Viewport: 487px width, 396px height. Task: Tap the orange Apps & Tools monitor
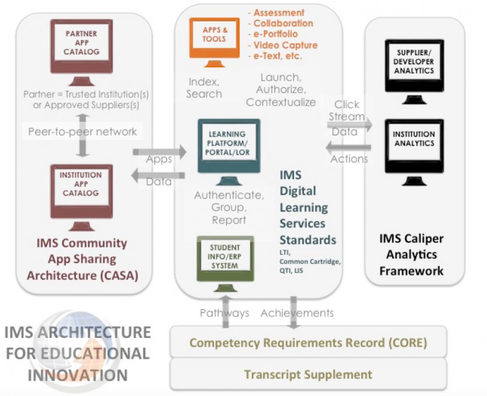coord(215,39)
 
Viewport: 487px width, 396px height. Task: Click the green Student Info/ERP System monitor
coord(225,258)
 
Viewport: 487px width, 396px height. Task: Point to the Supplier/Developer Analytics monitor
coord(414,65)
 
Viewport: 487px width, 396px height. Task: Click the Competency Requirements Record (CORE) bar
coord(308,343)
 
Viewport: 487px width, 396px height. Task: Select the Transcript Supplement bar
coord(308,374)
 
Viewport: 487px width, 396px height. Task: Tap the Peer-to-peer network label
coord(82,132)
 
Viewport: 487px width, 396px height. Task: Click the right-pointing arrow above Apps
coord(159,152)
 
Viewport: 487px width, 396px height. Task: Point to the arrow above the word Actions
coord(349,147)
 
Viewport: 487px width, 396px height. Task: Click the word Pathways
coord(224,313)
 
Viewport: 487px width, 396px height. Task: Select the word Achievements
coord(297,313)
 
